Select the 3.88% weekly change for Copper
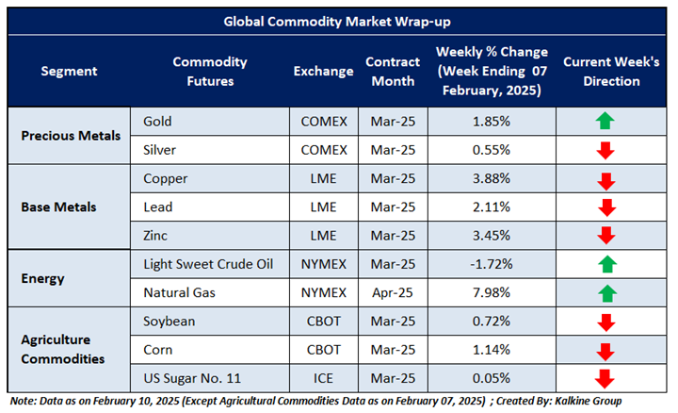492,178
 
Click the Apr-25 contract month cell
390,292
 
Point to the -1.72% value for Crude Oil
492,264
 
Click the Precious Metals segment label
71,135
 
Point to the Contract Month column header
390,72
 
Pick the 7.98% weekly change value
492,292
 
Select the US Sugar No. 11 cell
191,378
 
